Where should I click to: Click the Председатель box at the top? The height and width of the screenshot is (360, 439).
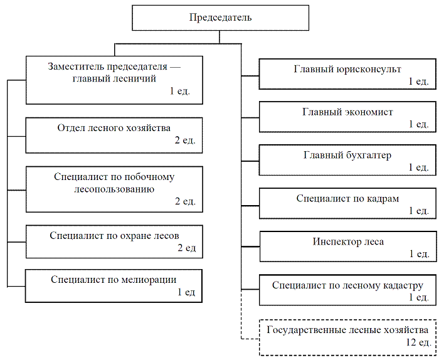220,18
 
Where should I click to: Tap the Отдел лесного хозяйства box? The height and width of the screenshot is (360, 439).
114,135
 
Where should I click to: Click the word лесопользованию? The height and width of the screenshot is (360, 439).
114,189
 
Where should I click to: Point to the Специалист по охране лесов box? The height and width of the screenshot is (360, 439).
114,241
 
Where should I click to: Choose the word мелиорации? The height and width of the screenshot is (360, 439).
149,280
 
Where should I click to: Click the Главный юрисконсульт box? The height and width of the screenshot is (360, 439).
347,74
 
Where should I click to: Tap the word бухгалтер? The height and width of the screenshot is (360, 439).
369,155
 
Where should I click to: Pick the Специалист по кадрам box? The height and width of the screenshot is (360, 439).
347,203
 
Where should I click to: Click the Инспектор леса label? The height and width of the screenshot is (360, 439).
348,241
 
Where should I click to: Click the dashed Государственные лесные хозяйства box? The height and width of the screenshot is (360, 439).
347,337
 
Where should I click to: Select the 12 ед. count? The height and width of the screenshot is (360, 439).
418,342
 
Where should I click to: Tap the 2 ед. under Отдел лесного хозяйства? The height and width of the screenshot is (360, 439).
185,140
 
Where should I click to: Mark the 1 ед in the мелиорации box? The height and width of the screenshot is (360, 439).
186,292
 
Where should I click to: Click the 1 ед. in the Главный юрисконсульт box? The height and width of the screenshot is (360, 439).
418,81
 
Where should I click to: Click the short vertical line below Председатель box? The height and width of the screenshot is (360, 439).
219,37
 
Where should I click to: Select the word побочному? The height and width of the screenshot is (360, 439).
149,177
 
